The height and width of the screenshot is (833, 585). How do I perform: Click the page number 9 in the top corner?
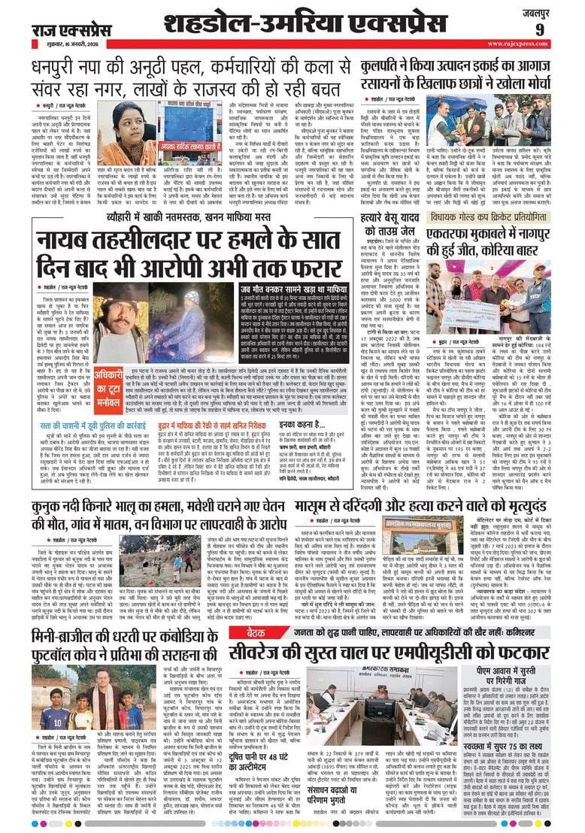coord(561,29)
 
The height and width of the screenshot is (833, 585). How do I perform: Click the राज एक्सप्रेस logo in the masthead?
coord(71,29)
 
